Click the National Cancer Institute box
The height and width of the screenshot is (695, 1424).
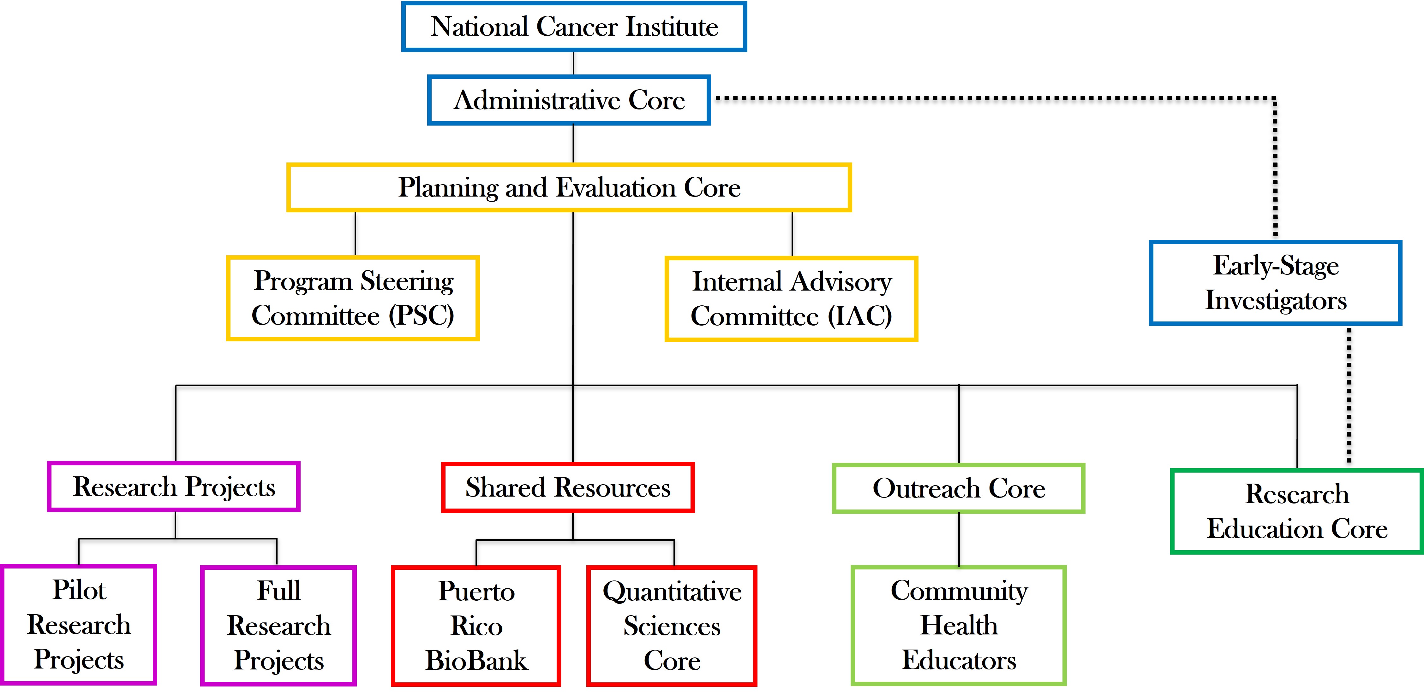pos(574,27)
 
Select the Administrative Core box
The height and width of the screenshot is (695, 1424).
pos(569,100)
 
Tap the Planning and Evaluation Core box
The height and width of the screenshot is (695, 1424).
pos(569,187)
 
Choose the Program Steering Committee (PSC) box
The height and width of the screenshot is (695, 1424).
pos(353,298)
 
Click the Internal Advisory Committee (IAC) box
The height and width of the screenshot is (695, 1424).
pos(791,299)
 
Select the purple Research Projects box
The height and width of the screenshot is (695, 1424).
pos(174,487)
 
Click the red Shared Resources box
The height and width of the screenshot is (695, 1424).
pos(568,487)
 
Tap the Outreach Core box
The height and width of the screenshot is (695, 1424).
pos(959,488)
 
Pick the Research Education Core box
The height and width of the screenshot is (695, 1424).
pos(1297,511)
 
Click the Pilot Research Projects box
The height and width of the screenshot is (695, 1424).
pos(79,625)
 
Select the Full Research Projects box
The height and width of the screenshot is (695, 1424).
pos(278,625)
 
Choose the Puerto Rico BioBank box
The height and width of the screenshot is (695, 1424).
pos(476,626)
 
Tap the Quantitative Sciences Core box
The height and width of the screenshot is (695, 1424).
pos(672,626)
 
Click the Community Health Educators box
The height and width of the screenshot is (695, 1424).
pos(959,625)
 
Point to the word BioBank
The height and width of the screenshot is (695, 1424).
pos(476,661)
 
